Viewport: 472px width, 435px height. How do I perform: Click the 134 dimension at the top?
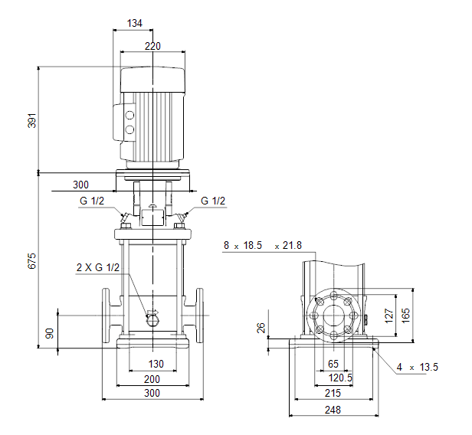coord(135,23)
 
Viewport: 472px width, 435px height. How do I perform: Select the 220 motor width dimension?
coord(152,46)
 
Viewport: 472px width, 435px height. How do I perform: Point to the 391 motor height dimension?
coord(32,121)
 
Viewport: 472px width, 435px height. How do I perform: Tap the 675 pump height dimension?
coord(32,261)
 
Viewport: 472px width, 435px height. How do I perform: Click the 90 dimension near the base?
coord(49,333)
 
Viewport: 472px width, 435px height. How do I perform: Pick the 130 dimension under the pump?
coord(156,364)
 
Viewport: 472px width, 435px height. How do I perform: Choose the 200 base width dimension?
coord(152,379)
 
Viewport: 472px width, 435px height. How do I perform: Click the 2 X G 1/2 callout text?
coord(98,267)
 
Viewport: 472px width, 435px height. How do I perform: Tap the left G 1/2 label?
coord(92,201)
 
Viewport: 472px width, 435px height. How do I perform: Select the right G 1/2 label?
coord(213,201)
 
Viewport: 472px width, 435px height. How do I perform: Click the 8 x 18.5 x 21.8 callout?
coord(263,246)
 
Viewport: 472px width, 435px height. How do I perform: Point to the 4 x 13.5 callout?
coord(417,367)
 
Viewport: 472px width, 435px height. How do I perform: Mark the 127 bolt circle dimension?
coord(389,316)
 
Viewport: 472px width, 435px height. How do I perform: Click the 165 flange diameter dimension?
coord(406,316)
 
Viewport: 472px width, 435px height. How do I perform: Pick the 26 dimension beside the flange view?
coord(261,328)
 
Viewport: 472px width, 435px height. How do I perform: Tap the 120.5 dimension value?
coord(340,378)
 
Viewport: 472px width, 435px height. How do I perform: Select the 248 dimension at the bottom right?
coord(333,410)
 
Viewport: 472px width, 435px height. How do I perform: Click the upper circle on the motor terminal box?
coord(129,115)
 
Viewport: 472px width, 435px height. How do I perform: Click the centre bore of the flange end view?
coord(334,316)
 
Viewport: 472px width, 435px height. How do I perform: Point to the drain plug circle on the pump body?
coord(152,320)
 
